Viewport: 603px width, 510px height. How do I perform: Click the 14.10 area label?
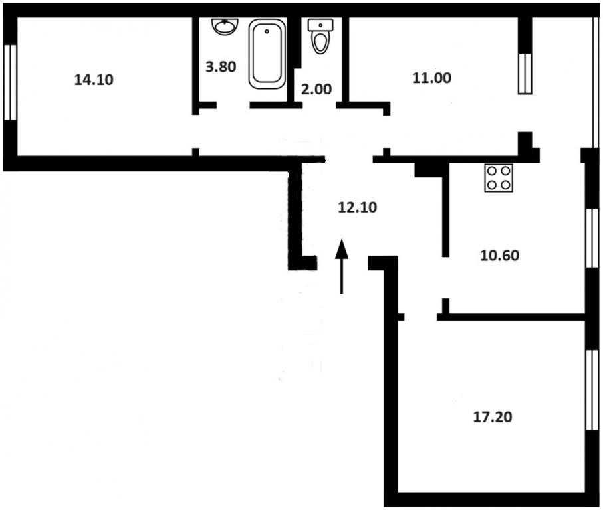94,80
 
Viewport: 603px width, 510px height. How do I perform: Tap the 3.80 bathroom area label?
221,67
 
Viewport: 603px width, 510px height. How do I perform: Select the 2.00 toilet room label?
316,89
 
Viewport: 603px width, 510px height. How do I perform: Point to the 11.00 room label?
432,78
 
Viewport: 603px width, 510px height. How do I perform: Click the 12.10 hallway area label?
357,207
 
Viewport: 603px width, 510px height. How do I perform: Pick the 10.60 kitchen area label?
499,256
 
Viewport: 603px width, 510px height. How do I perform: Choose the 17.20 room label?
492,417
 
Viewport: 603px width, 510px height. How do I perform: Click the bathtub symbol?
267,53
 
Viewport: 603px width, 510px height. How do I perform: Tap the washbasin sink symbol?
225,27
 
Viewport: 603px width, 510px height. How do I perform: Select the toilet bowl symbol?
320,37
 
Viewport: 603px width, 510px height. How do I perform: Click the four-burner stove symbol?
499,178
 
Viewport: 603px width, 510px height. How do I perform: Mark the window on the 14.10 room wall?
11,82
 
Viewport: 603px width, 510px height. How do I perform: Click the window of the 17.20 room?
592,390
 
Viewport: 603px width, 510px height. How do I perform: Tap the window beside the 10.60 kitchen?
592,238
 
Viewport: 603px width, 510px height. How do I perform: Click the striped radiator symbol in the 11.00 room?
525,73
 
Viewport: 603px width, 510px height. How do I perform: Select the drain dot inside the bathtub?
267,32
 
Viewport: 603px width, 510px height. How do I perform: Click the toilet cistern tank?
320,25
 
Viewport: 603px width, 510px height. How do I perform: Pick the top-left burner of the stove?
492,171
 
